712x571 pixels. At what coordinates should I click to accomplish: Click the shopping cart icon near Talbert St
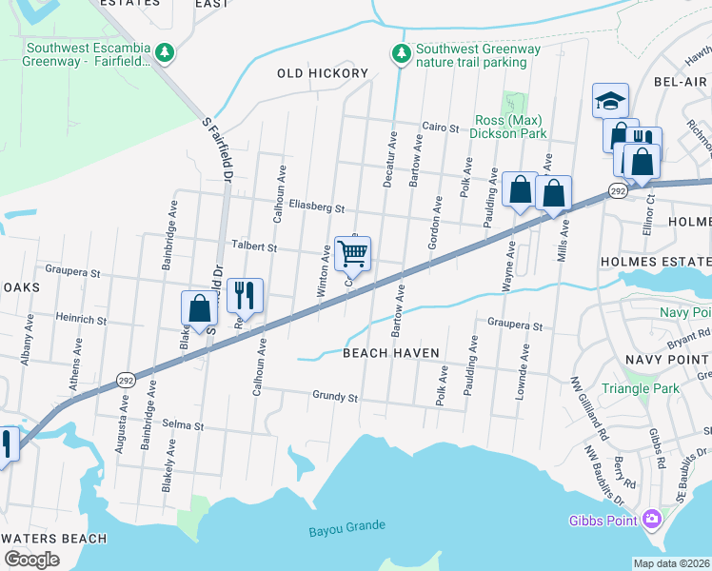coord(352,253)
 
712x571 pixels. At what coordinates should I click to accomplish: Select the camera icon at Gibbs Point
coord(652,520)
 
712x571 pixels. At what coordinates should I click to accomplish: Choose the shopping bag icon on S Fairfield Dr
coord(199,308)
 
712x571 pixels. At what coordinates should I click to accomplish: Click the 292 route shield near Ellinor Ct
coord(618,191)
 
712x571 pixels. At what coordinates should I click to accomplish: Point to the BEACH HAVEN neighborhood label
coord(390,353)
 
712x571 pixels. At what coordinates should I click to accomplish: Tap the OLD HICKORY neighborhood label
coord(322,73)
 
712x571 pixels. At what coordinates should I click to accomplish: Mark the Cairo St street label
coord(441,127)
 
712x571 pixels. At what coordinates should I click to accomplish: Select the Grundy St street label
coord(334,396)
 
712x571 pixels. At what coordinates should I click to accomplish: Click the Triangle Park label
coord(640,388)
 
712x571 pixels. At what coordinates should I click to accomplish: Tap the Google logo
coord(31,560)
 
